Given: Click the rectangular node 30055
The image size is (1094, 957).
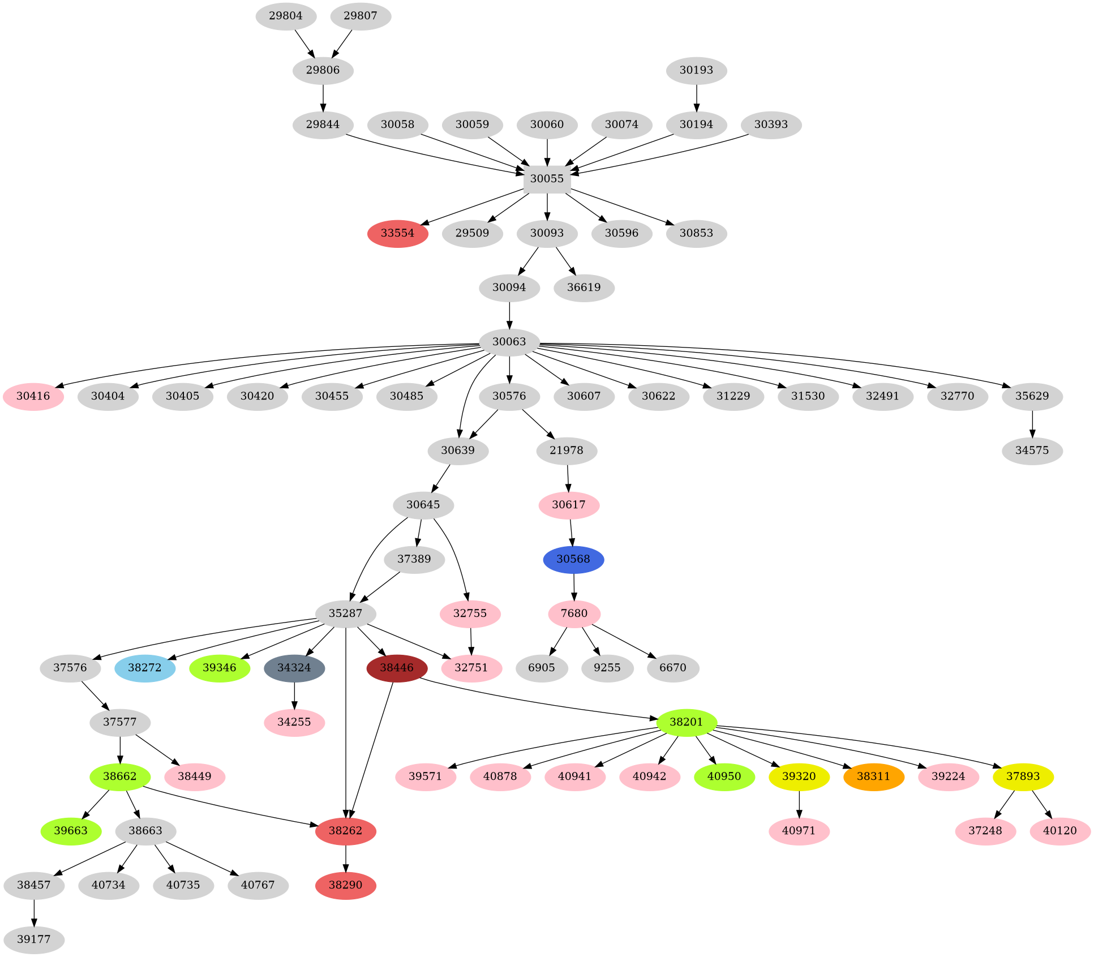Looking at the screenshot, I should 547,179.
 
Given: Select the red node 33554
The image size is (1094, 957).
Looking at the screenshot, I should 397,233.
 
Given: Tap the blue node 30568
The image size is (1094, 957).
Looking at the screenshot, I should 573,559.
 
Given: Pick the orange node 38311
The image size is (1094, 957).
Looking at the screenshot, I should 873,776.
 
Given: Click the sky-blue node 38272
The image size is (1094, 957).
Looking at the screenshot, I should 145,668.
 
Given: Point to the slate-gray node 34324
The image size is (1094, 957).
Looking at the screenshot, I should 294,668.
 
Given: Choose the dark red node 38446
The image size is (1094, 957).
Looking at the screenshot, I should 397,668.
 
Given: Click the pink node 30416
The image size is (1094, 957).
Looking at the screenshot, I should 33,396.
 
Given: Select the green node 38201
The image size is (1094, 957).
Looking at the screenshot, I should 687,722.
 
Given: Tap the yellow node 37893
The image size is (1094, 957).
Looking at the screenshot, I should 1023,776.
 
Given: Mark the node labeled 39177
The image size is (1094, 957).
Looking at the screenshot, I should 34,939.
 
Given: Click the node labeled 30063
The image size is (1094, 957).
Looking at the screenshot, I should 509,342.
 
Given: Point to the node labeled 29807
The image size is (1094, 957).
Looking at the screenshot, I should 361,16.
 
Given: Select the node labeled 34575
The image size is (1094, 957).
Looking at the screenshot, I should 1032,450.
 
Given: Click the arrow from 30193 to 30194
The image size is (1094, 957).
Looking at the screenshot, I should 697,97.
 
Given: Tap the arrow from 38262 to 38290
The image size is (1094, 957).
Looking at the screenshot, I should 346,858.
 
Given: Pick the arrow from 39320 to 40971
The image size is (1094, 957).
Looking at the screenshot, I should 799,804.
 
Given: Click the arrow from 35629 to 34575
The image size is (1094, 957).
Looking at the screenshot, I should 1032,423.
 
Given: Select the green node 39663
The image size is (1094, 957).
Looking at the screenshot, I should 71,831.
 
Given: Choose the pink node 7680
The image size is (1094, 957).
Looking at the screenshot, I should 574,613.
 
